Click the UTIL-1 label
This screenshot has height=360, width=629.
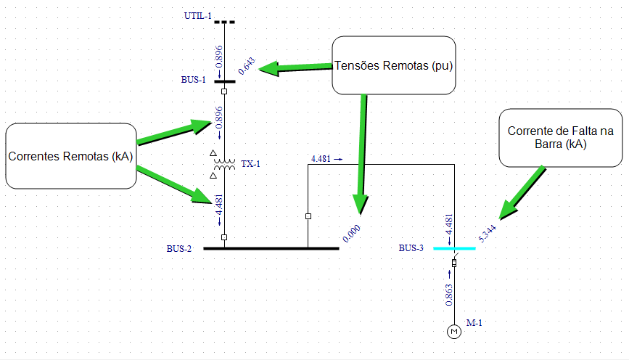point(197,15)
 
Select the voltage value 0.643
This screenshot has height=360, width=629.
point(247,67)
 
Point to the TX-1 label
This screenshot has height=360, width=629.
point(250,164)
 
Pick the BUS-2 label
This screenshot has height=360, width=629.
point(179,249)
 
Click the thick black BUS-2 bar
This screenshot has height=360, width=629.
point(271,248)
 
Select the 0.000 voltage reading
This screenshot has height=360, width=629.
point(351,232)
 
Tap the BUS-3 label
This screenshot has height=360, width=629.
point(411,248)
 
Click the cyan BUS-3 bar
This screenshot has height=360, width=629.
point(454,248)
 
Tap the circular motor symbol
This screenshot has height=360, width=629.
point(455,332)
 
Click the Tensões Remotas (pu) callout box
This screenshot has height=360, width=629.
point(395,65)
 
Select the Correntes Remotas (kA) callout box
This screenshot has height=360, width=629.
point(70,156)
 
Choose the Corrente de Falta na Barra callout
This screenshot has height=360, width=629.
point(560,138)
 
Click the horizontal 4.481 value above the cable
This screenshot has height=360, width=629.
point(321,159)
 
